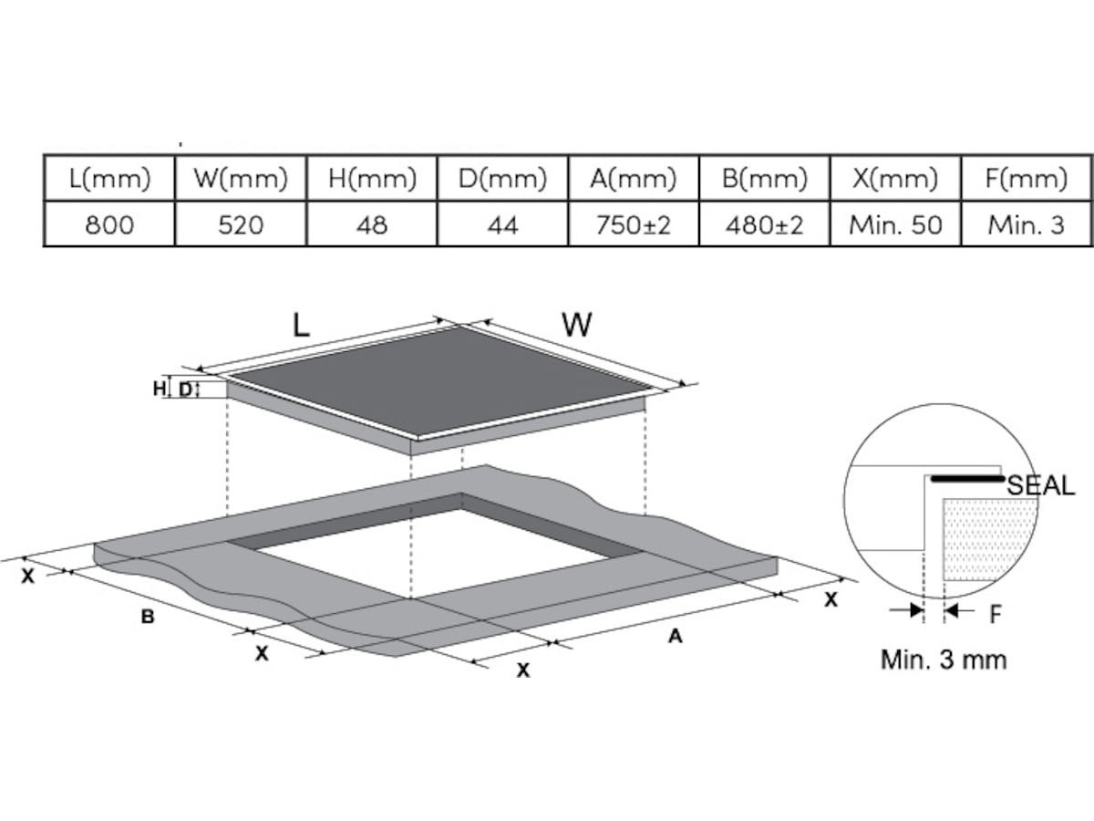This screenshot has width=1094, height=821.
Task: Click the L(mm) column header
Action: pos(109,179)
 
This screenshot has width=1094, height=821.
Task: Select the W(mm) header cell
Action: pos(241,179)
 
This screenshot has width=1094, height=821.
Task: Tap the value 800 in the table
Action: pos(109,224)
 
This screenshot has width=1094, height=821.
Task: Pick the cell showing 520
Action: pos(241,224)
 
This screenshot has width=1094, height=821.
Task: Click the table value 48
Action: pos(372,224)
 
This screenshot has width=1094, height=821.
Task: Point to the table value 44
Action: pos(503,224)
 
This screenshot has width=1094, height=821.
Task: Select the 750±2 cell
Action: pos(634,224)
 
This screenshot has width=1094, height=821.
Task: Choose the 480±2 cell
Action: pos(765,224)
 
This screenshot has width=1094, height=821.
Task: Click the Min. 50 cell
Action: pos(895,224)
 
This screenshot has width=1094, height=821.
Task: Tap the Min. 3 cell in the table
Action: pos(1027,224)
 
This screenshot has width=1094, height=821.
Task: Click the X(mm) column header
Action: pos(895,179)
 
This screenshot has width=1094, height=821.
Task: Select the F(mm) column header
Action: pos(1027,179)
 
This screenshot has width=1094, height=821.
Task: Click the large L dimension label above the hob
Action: pos(301,325)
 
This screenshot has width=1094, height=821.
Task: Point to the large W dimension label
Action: pos(577,325)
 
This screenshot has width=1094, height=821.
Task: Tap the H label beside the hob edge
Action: pos(160,389)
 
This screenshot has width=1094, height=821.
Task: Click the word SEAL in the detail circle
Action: pos(1041,485)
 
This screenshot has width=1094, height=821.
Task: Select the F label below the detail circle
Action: pos(996,614)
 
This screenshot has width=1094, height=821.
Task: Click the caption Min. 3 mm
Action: pos(944,660)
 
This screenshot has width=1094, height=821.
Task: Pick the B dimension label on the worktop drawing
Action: pos(148,617)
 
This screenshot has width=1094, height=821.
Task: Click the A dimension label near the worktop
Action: pos(675,636)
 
